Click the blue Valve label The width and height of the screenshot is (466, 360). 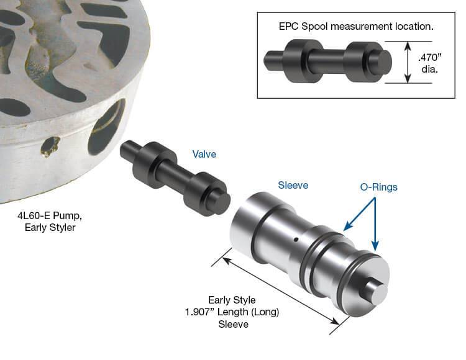[x=204, y=154]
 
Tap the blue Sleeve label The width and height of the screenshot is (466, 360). [x=293, y=185]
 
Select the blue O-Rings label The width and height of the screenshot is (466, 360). [x=378, y=187]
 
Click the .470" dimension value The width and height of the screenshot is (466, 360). [x=430, y=57]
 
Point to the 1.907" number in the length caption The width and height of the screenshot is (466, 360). [x=199, y=312]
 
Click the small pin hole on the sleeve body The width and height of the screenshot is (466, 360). [x=296, y=239]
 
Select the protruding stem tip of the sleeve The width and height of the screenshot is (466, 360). [x=377, y=292]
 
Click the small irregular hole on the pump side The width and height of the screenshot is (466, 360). [x=50, y=146]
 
